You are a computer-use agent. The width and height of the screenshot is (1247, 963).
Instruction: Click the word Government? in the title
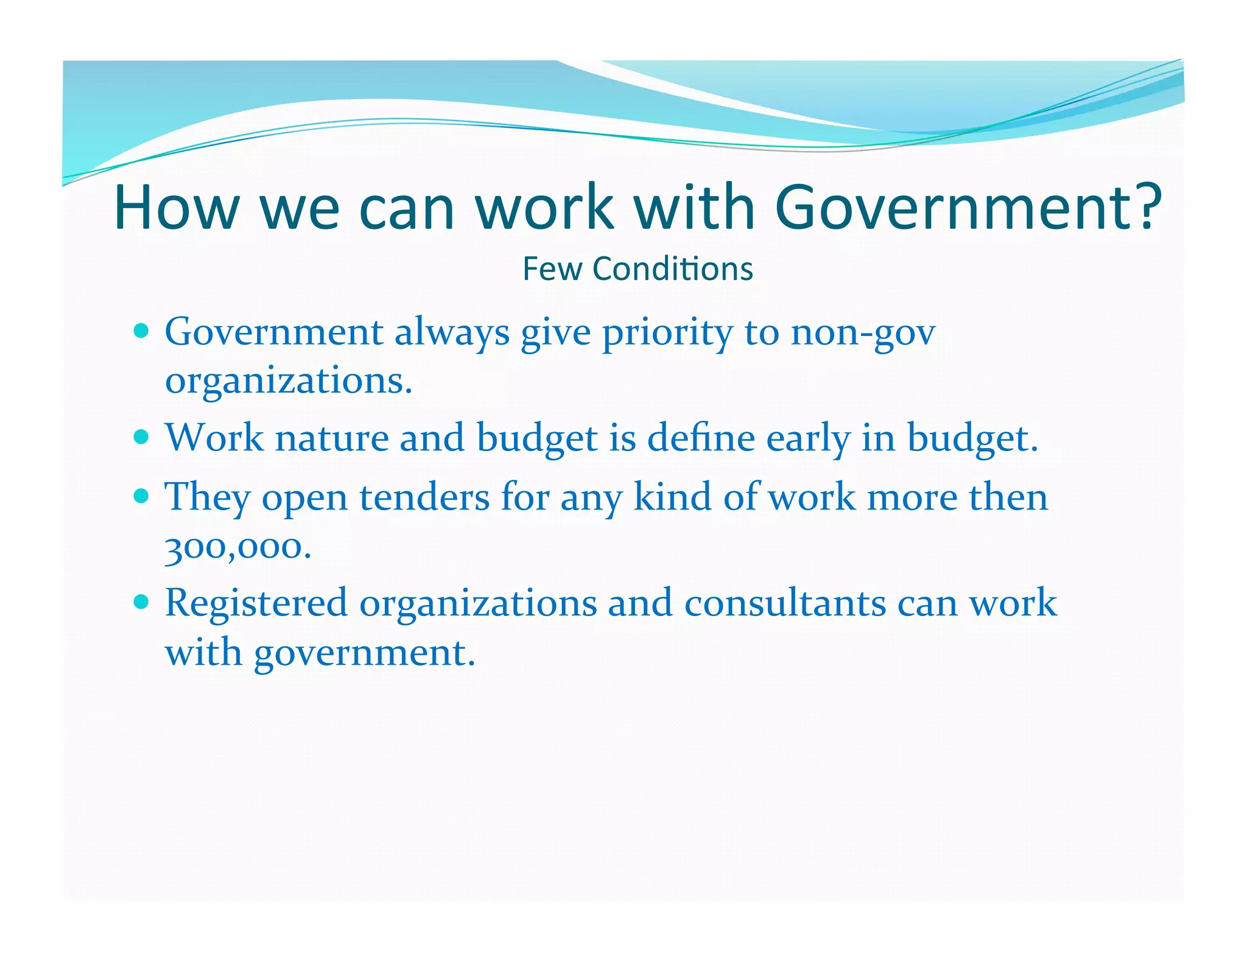pyautogui.click(x=968, y=208)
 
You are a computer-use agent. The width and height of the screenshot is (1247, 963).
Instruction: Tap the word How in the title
pyautogui.click(x=176, y=208)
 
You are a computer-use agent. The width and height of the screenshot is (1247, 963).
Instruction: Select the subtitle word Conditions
pyautogui.click(x=673, y=269)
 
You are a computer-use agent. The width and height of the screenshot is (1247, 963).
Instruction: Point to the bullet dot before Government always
pyautogui.click(x=141, y=331)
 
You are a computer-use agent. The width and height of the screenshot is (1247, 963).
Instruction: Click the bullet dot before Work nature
pyautogui.click(x=141, y=436)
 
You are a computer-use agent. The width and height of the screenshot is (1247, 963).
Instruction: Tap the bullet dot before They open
pyautogui.click(x=141, y=496)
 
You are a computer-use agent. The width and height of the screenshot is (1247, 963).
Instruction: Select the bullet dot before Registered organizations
pyautogui.click(x=141, y=602)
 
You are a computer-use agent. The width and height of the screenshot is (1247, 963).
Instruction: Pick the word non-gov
pyautogui.click(x=863, y=334)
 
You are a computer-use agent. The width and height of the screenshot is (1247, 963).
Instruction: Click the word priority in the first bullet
pyautogui.click(x=667, y=334)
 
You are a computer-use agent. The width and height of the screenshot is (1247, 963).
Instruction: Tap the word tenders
pyautogui.click(x=424, y=497)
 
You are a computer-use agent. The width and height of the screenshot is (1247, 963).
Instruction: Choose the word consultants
pyautogui.click(x=785, y=603)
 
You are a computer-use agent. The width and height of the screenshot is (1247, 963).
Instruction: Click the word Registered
pyautogui.click(x=256, y=603)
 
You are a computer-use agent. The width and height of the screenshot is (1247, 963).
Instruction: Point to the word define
pyautogui.click(x=701, y=438)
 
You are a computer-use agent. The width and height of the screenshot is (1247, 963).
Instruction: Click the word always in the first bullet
pyautogui.click(x=452, y=334)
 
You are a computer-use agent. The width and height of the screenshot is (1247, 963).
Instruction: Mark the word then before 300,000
pyautogui.click(x=1008, y=497)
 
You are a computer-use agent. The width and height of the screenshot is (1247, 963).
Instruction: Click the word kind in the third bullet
pyautogui.click(x=672, y=496)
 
